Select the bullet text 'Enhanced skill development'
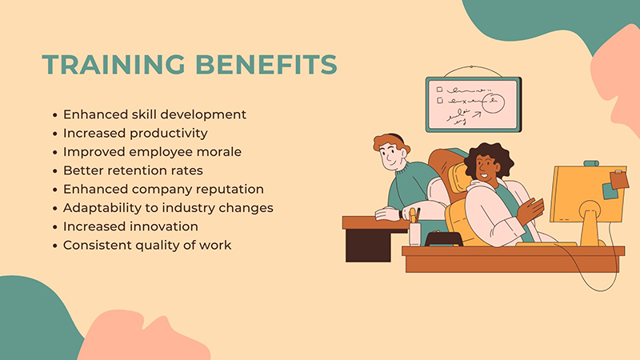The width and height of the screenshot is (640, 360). (x=154, y=114)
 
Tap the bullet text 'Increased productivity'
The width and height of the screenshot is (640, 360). (x=135, y=132)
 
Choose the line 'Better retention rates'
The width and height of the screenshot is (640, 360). (x=133, y=170)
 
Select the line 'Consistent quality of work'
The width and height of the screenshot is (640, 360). (x=147, y=245)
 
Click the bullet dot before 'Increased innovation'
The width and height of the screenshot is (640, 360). (x=54, y=226)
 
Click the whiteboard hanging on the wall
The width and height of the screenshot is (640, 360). (x=473, y=105)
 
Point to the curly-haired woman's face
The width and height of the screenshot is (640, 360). (x=486, y=166)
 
